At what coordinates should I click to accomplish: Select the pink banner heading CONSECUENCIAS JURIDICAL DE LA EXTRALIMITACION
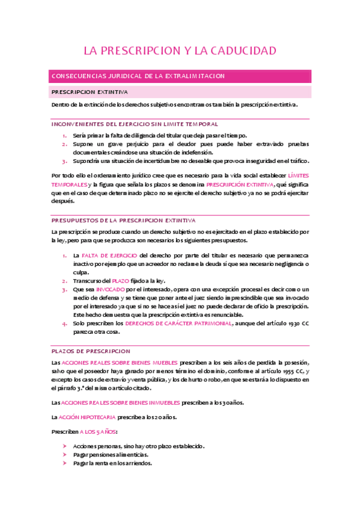tap(138, 76)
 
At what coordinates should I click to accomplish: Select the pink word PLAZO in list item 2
tap(121, 281)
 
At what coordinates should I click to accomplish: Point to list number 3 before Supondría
tap(65, 161)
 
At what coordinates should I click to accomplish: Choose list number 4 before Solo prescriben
tap(65, 324)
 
